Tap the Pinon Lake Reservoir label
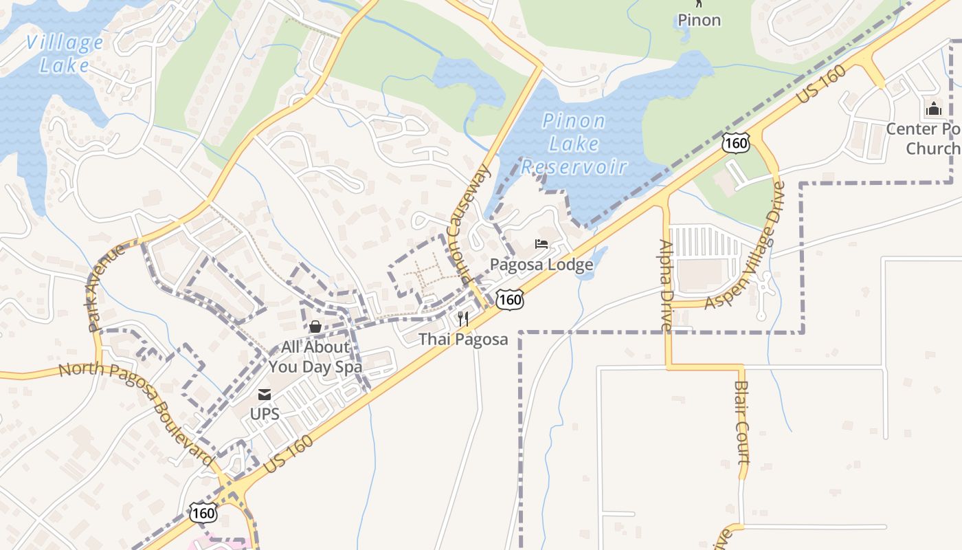point(574,144)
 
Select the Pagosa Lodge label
point(541,265)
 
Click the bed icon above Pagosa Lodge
point(541,244)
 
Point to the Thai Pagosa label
point(464,339)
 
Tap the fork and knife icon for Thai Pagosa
point(463,319)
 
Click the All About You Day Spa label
point(315,357)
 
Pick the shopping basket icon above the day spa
point(315,327)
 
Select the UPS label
point(265,414)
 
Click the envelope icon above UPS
point(265,395)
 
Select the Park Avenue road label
point(106,287)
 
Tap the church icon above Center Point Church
point(933,109)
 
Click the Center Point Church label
point(924,139)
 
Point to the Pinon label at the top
point(700,20)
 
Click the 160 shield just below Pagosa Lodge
point(510,298)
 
